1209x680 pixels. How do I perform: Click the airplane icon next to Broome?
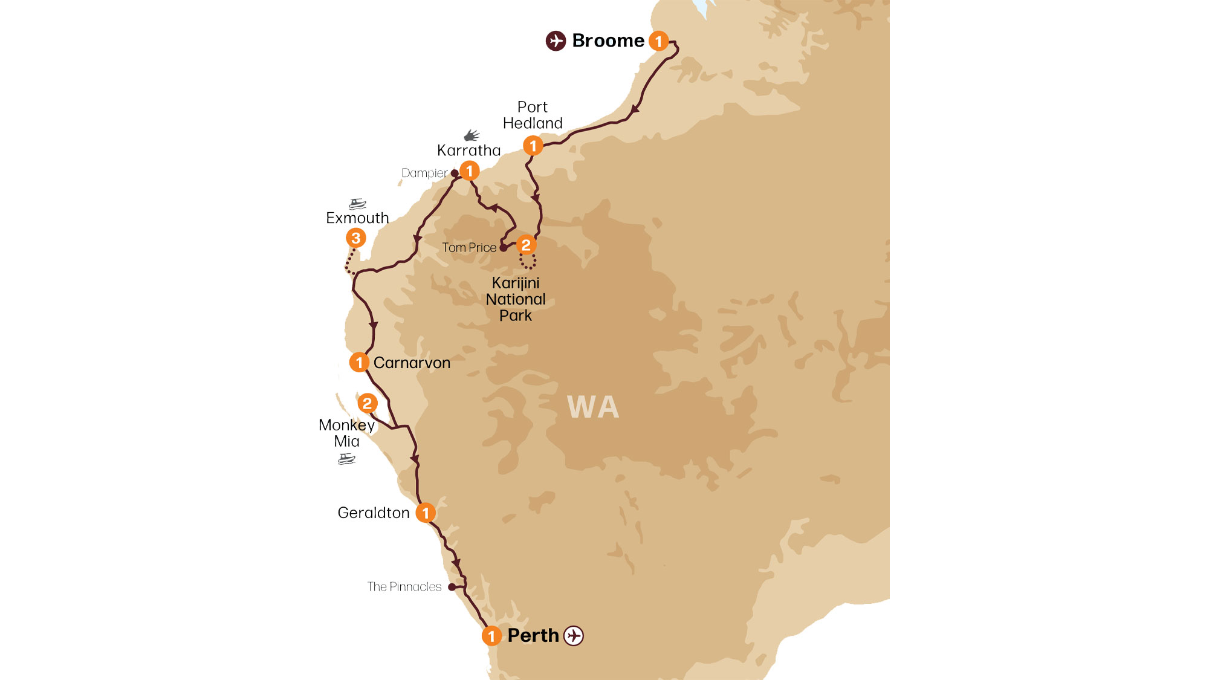(x=556, y=41)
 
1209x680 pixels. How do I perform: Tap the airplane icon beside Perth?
(x=574, y=636)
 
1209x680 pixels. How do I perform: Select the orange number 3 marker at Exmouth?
(x=356, y=238)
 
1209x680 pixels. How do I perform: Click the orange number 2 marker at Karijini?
(x=526, y=245)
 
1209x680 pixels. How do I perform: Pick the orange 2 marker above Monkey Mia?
(x=367, y=403)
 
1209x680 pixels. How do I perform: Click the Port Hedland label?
(x=533, y=115)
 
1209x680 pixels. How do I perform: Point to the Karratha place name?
(x=468, y=151)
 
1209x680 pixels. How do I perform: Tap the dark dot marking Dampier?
(x=455, y=173)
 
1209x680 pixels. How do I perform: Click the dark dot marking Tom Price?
(x=503, y=248)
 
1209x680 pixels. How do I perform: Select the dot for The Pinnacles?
(x=452, y=587)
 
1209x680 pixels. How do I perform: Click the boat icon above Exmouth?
(x=357, y=204)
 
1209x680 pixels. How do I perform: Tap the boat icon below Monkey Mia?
(x=346, y=459)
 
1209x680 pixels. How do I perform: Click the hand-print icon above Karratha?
(x=472, y=135)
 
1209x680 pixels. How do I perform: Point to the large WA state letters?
(x=593, y=407)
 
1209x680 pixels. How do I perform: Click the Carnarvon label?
(x=412, y=363)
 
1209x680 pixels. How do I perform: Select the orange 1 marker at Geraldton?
(x=426, y=513)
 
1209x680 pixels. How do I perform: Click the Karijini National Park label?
(x=516, y=299)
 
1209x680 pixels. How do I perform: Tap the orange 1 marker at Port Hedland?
(x=533, y=146)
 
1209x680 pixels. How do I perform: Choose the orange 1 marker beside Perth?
(x=491, y=636)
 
